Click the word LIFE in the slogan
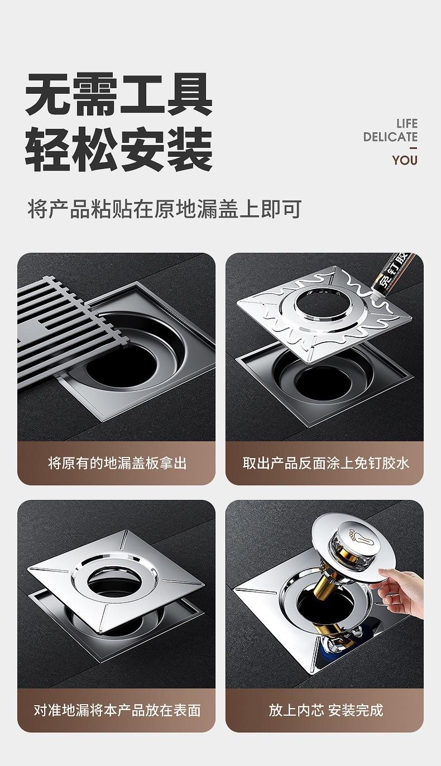[x=407, y=123]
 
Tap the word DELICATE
[x=390, y=137]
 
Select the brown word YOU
[x=405, y=160]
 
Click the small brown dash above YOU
[x=414, y=148]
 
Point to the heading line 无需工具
[x=119, y=95]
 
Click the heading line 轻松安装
[x=119, y=150]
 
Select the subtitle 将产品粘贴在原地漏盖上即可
[x=165, y=209]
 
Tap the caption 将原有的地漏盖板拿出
[x=117, y=464]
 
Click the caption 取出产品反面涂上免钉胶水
[x=325, y=464]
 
